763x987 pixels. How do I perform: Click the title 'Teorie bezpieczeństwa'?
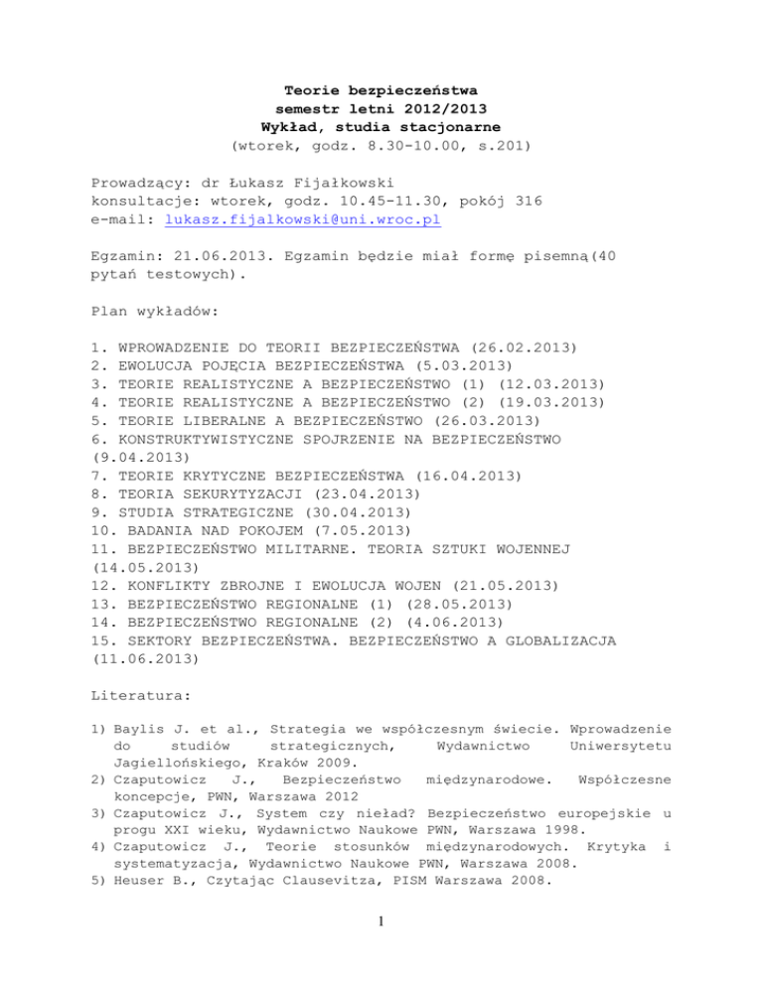(x=381, y=90)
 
